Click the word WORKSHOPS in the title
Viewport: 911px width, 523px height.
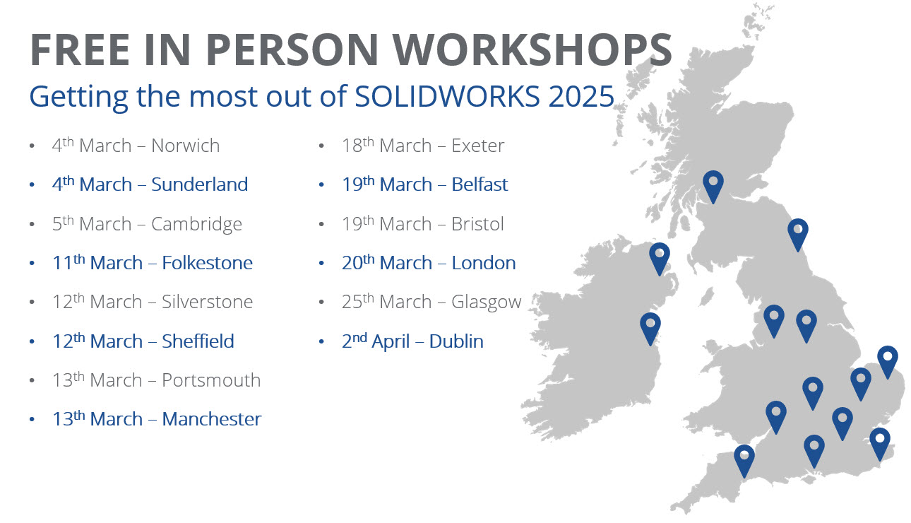click(x=532, y=49)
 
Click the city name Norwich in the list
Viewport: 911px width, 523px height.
click(x=185, y=146)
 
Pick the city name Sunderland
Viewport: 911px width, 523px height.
click(x=199, y=184)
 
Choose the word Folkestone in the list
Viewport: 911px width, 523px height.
click(x=207, y=263)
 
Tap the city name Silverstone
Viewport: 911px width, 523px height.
click(x=207, y=302)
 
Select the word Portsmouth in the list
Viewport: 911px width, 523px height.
click(x=211, y=380)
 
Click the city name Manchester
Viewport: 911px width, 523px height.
click(x=212, y=419)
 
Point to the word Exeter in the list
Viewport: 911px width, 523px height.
click(x=478, y=146)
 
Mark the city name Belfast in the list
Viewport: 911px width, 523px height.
click(x=480, y=184)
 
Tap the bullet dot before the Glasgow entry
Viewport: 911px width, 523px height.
click(x=321, y=302)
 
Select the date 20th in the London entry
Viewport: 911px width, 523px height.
click(x=357, y=263)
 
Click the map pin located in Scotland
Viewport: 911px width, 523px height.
click(x=713, y=185)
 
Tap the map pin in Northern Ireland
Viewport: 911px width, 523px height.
click(x=660, y=257)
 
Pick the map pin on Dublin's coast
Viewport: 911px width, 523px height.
click(x=650, y=327)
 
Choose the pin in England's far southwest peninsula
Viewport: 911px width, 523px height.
click(x=744, y=459)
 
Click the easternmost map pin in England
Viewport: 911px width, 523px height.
click(x=887, y=360)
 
